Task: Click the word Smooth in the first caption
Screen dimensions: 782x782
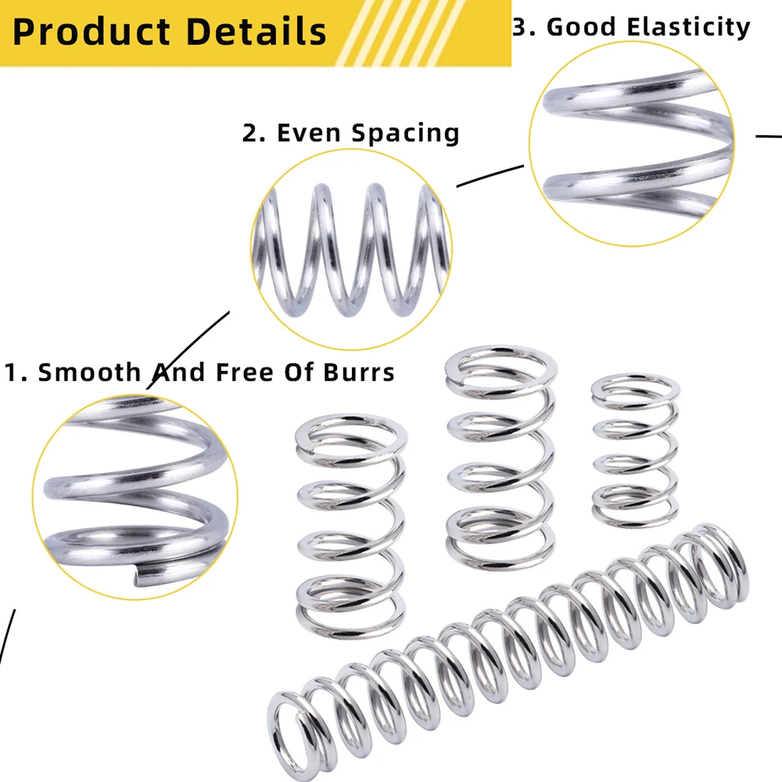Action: (x=88, y=372)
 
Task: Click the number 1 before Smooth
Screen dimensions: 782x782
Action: (x=11, y=372)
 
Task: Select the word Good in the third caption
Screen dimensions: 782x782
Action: (x=577, y=27)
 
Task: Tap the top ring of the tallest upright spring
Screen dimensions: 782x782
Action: (x=501, y=364)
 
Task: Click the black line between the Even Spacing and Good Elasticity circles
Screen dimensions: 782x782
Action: (x=490, y=176)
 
